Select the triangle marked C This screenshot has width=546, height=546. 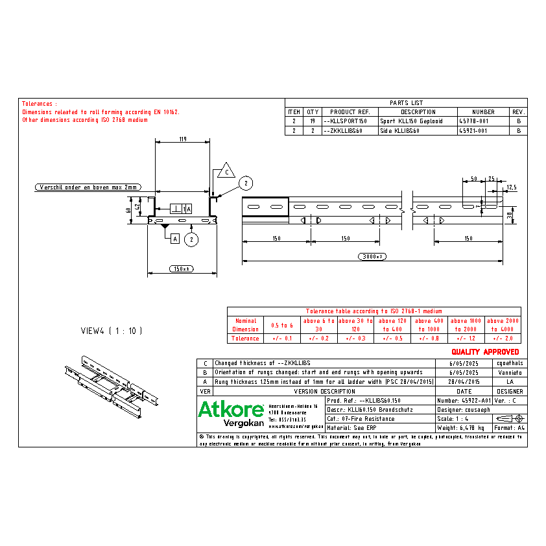point(225,171)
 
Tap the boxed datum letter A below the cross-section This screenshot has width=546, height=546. point(174,239)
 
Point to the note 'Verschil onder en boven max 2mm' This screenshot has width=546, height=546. point(88,187)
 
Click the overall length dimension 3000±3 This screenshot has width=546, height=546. point(372,257)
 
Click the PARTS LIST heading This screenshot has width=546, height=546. point(406,102)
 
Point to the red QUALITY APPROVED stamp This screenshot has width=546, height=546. point(485,351)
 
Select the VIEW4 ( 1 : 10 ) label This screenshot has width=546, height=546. point(111,331)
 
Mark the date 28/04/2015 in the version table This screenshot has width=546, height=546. point(464,382)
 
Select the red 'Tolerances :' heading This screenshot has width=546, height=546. point(40,104)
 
